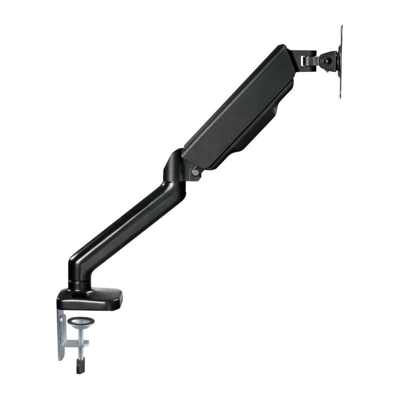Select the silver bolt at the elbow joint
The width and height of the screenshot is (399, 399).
tap(196, 173)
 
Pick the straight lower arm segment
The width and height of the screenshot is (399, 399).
tap(130, 224)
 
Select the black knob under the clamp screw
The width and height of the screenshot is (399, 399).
tap(80, 367)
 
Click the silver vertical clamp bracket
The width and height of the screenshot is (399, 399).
tap(61, 334)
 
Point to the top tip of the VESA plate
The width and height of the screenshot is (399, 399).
tap(342, 28)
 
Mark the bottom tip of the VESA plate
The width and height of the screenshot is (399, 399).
tap(341, 96)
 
